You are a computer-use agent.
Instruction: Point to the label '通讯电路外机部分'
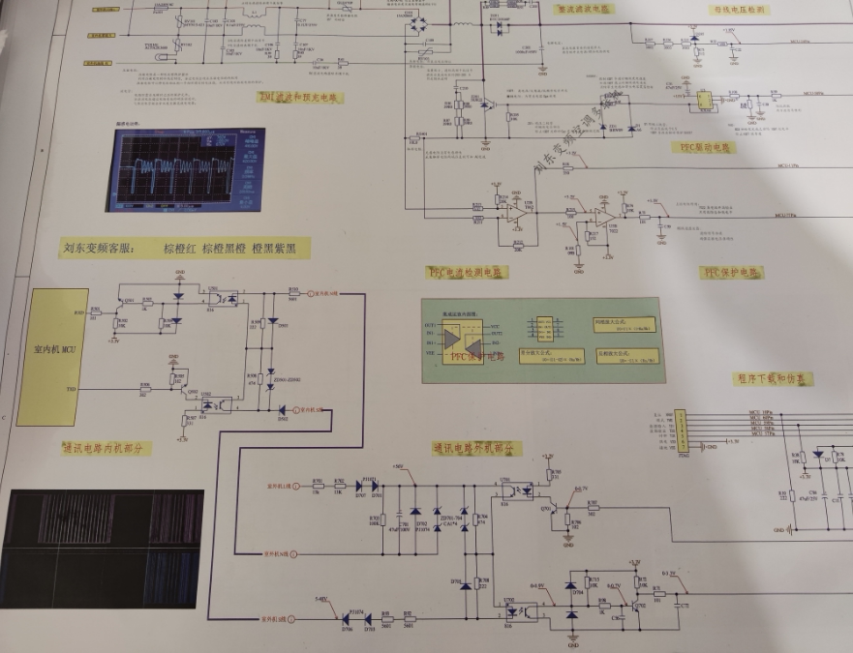coord(477,448)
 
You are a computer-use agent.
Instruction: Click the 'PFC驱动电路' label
coord(702,147)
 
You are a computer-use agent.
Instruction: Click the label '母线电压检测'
coord(740,10)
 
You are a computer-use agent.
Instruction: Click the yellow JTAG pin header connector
coord(682,426)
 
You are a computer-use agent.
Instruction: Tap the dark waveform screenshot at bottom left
coord(102,549)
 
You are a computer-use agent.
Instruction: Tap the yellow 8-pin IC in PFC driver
coord(705,100)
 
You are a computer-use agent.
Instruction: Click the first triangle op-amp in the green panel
coord(451,334)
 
